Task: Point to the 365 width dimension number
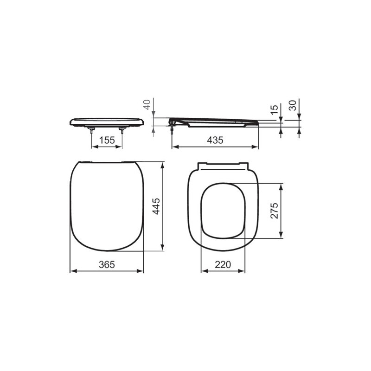coord(107,264)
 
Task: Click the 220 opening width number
coord(223,264)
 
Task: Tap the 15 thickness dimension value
coord(275,110)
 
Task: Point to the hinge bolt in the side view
coord(173,131)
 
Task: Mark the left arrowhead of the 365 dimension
coord(72,271)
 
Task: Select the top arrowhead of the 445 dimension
coord(162,165)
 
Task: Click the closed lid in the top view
coord(107,206)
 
